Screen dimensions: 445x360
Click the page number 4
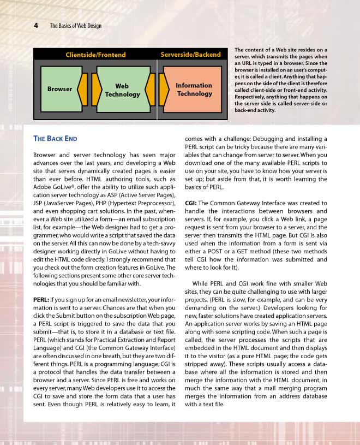[35, 25]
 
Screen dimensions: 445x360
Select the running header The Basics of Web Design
[75, 26]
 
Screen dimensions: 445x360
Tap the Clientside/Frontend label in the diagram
[95, 55]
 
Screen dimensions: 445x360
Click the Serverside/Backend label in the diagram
[190, 55]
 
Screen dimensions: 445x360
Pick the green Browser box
[59, 88]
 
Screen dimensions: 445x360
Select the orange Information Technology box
[194, 90]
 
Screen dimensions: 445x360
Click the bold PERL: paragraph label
[43, 299]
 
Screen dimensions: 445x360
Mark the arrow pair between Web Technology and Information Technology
[157, 89]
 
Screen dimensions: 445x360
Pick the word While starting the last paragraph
[202, 283]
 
